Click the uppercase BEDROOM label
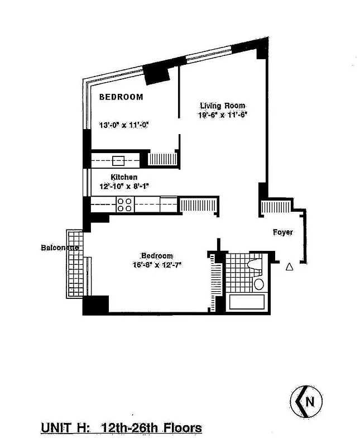tap(121, 97)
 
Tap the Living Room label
tap(223, 106)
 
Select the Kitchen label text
tap(123, 177)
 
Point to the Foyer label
tap(282, 232)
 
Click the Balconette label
tap(59, 247)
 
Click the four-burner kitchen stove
tap(125, 205)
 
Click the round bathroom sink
tap(258, 284)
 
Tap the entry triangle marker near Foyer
tap(289, 267)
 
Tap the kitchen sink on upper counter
tap(118, 161)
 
